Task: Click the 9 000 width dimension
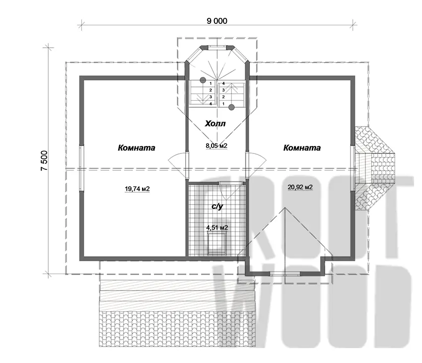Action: pyautogui.click(x=217, y=21)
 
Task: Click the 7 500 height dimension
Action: pyautogui.click(x=44, y=160)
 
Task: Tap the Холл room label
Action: pyautogui.click(x=215, y=124)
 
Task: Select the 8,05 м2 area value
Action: pyautogui.click(x=216, y=146)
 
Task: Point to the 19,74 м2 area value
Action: pyautogui.click(x=137, y=189)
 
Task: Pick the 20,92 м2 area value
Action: pyautogui.click(x=300, y=187)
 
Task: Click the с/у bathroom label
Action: pyautogui.click(x=217, y=207)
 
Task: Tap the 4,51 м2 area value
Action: pyautogui.click(x=217, y=228)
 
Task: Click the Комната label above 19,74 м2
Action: pyautogui.click(x=137, y=148)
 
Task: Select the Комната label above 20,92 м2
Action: pyautogui.click(x=302, y=148)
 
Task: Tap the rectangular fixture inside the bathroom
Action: pyautogui.click(x=217, y=244)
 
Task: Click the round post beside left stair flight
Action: pyautogui.click(x=203, y=80)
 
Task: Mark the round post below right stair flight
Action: pyautogui.click(x=231, y=107)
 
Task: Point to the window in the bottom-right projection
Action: pyautogui.click(x=285, y=274)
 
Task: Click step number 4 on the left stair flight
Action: pyautogui.click(x=211, y=104)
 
